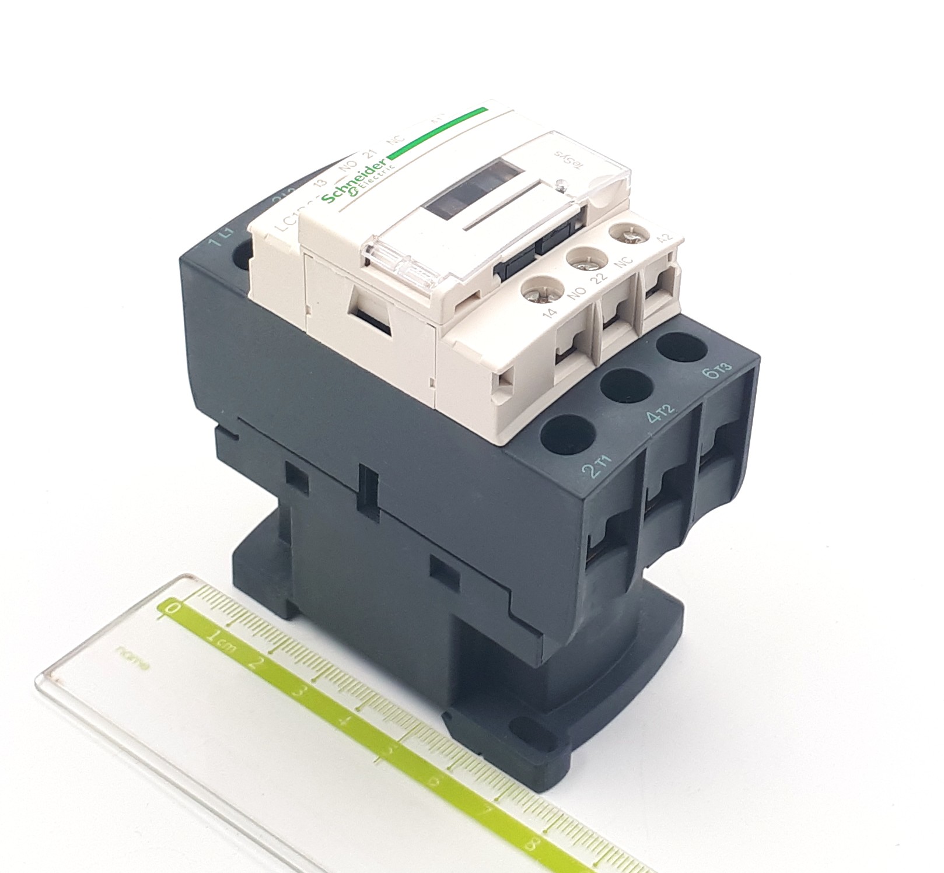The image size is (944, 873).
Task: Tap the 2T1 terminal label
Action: pyautogui.click(x=601, y=467)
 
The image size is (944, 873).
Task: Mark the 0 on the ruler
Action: pyautogui.click(x=173, y=608)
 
